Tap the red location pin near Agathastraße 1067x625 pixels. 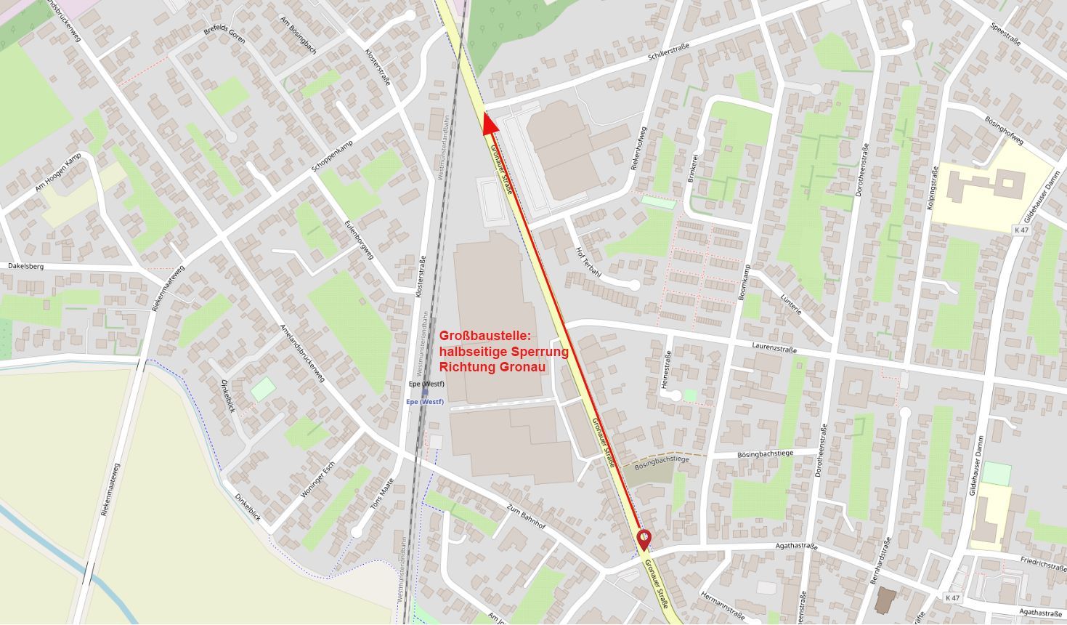644,539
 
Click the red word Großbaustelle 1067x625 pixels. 485,336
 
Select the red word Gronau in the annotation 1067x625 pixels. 522,367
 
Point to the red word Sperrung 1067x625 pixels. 538,352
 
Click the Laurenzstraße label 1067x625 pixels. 774,348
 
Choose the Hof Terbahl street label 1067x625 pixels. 588,262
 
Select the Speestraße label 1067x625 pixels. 1005,33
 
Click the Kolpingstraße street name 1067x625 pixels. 933,188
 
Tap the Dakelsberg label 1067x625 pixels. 26,266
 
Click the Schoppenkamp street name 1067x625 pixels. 336,156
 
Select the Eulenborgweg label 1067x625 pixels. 360,240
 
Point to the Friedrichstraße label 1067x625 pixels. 1042,563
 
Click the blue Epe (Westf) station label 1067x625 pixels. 424,402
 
